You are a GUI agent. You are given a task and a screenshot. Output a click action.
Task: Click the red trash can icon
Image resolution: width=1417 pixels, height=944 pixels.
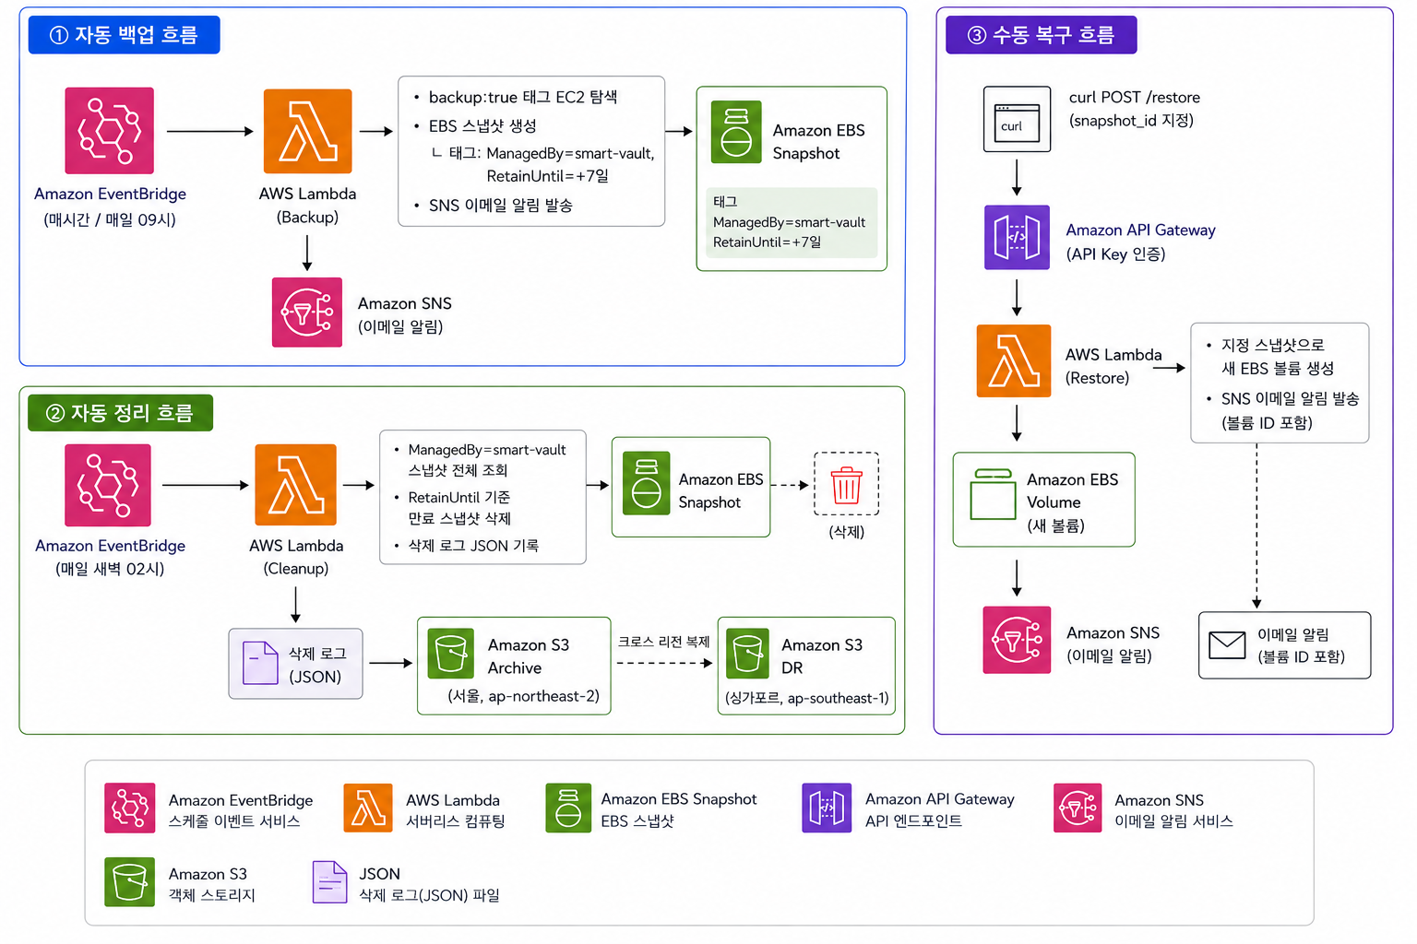point(846,485)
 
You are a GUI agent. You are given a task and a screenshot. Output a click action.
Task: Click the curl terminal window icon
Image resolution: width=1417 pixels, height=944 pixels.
point(1017,119)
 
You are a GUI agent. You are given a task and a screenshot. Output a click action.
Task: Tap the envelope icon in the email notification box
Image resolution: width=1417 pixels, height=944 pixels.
point(1227,645)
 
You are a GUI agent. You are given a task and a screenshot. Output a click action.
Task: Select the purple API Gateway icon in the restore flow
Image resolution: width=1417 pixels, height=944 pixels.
point(1017,237)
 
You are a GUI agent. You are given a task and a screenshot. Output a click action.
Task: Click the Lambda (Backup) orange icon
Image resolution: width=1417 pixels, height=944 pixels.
point(307,131)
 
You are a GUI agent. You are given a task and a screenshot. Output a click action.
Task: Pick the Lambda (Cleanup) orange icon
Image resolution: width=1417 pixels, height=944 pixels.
point(295,484)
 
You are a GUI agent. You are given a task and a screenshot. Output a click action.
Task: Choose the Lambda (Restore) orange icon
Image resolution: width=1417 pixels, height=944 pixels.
point(1014,360)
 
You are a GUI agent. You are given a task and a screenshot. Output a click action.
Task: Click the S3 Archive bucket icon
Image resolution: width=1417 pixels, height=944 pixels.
point(450,654)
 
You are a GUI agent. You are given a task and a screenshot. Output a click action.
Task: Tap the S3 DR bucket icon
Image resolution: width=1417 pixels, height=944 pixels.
point(747,654)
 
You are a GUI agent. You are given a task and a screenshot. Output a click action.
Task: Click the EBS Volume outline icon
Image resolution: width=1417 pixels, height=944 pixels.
point(993,494)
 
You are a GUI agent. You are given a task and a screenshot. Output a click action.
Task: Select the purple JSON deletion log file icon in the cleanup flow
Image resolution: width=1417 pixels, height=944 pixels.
point(260,663)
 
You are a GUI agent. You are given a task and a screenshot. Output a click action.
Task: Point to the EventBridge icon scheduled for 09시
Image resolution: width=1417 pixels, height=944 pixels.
point(110,130)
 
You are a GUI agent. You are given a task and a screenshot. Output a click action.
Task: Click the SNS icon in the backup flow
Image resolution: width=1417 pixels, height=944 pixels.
point(307,312)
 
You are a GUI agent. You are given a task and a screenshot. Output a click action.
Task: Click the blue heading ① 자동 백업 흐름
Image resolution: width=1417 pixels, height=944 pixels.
point(124,35)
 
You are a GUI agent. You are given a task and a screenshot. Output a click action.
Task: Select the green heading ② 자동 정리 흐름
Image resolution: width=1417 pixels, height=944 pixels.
point(120,413)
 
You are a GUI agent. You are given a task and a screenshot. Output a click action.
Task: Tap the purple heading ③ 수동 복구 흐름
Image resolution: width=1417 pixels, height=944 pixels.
point(1042,35)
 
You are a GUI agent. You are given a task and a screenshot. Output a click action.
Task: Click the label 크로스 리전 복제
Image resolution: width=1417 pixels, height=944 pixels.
point(663,642)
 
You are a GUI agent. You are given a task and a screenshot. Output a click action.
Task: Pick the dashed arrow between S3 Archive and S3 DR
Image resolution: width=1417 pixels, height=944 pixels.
point(664,663)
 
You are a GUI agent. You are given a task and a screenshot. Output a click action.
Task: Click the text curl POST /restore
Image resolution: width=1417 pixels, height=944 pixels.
point(1134,98)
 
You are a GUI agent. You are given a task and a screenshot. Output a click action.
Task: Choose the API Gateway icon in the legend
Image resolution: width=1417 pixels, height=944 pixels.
point(827,808)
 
